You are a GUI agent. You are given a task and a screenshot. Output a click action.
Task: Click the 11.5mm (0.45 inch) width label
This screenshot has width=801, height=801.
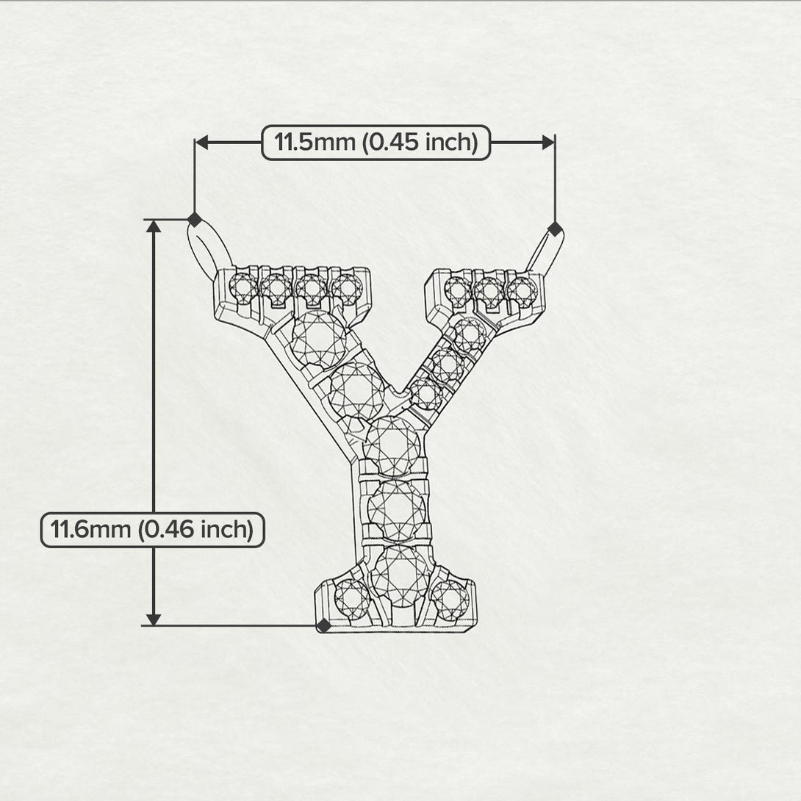point(376,142)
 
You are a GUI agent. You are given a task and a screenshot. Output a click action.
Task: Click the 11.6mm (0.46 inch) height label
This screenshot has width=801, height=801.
point(151,530)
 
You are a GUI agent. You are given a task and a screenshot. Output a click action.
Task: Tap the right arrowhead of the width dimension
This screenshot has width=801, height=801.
point(547,142)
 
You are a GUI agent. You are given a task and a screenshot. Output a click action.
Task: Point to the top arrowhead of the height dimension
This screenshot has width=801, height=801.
point(154,226)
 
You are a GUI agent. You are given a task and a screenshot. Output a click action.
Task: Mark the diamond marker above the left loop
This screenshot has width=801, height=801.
point(194,219)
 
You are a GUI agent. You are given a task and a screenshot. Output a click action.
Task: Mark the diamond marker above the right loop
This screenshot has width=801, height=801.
point(555,227)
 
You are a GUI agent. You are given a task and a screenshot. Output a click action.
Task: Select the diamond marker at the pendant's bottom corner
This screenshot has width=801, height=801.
point(323,625)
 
